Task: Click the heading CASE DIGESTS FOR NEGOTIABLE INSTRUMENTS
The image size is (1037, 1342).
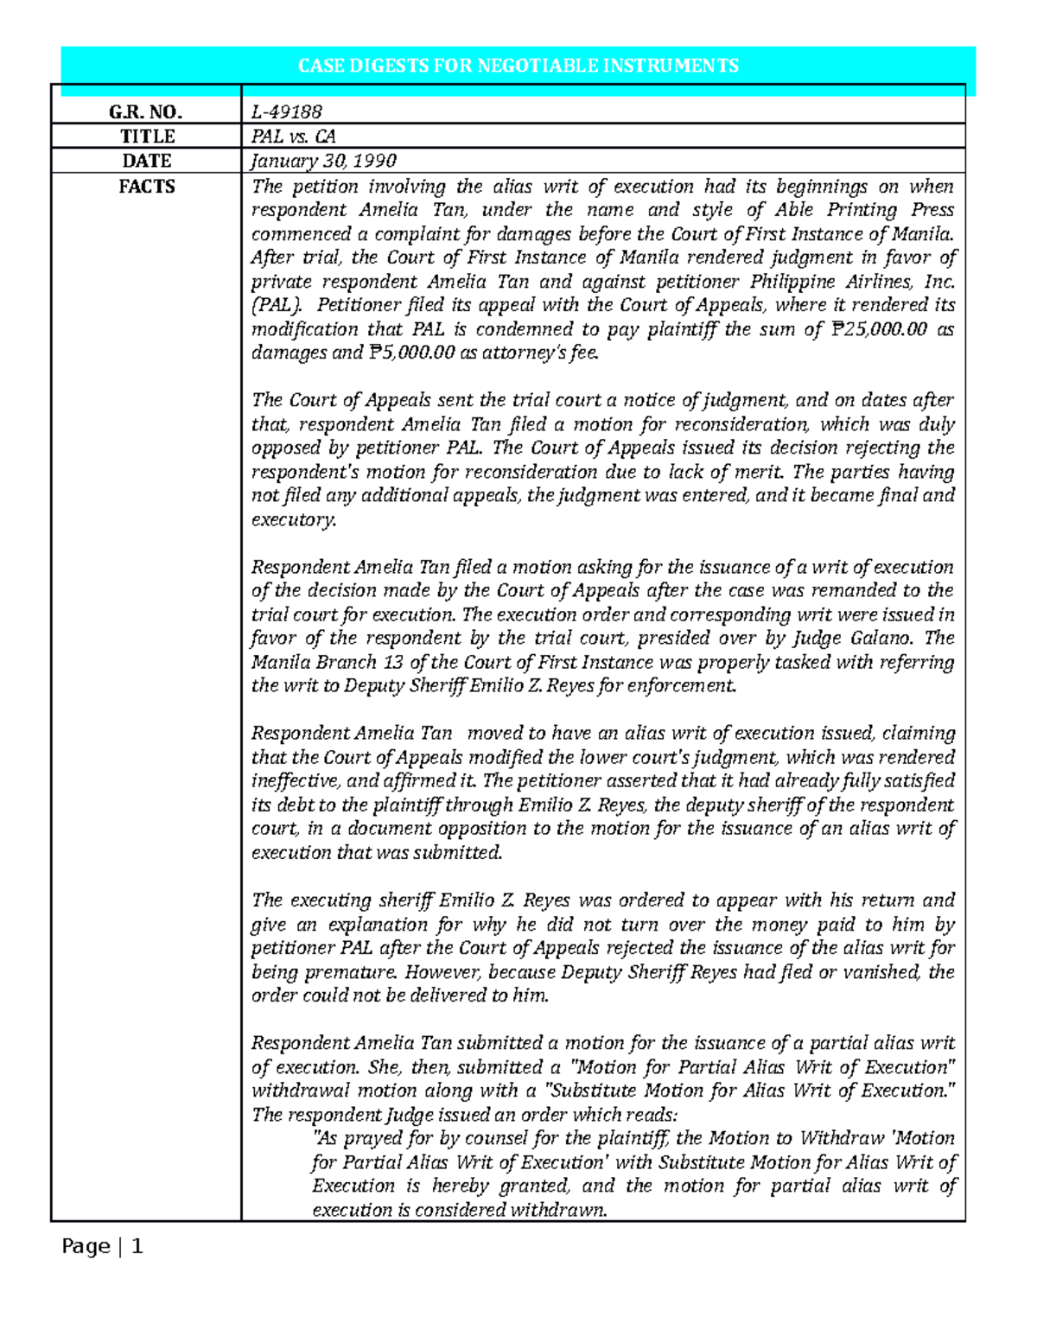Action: (518, 66)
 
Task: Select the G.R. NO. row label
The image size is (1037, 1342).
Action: (145, 111)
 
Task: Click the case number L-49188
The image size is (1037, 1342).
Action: (286, 111)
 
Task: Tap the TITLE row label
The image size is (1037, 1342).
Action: (147, 137)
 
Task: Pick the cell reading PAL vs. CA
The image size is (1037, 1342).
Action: (293, 137)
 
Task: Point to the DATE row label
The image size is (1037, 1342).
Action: (146, 161)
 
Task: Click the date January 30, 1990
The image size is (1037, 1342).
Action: (323, 161)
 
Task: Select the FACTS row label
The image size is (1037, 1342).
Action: (146, 187)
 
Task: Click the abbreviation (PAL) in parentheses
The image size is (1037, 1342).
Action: (277, 305)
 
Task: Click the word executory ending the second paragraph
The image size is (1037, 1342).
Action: (292, 520)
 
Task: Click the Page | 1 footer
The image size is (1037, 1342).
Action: (102, 1246)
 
